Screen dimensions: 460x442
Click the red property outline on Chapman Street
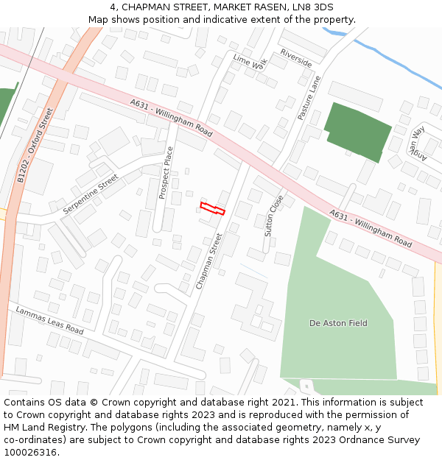point(213,208)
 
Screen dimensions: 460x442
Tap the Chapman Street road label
point(209,261)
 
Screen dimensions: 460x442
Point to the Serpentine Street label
point(91,194)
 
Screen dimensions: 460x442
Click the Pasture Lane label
point(310,98)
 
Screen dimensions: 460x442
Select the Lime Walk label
point(248,62)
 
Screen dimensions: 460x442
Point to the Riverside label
point(295,58)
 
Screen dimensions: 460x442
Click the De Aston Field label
point(338,323)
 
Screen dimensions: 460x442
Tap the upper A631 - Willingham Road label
point(171,118)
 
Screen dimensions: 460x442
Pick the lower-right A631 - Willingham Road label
point(371,228)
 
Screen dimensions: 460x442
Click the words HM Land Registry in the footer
point(41,428)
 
